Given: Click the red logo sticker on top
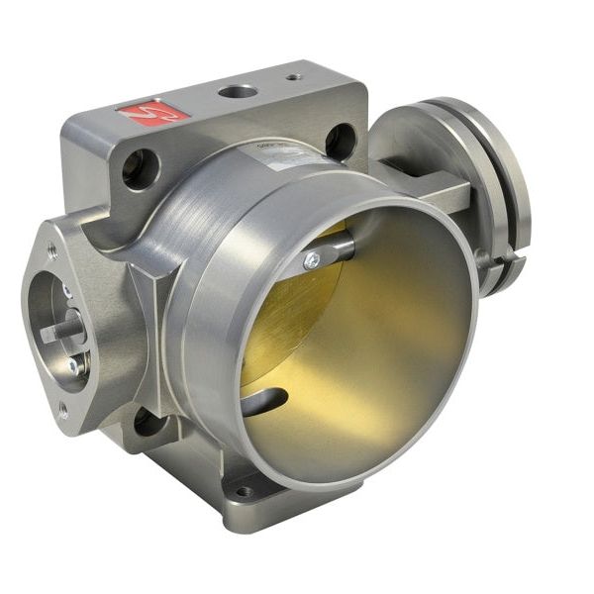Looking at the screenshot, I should click(153, 112).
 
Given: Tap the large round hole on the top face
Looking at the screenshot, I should click(237, 91).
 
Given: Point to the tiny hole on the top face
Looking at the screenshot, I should click(294, 75).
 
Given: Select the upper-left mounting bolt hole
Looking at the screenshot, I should click(140, 168).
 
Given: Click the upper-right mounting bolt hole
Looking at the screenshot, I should click(340, 141).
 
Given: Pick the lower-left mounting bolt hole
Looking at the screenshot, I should click(149, 423).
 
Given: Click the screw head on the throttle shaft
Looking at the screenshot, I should click(312, 260).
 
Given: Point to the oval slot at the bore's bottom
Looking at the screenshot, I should click(264, 401).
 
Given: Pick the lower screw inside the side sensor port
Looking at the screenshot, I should click(72, 365).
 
